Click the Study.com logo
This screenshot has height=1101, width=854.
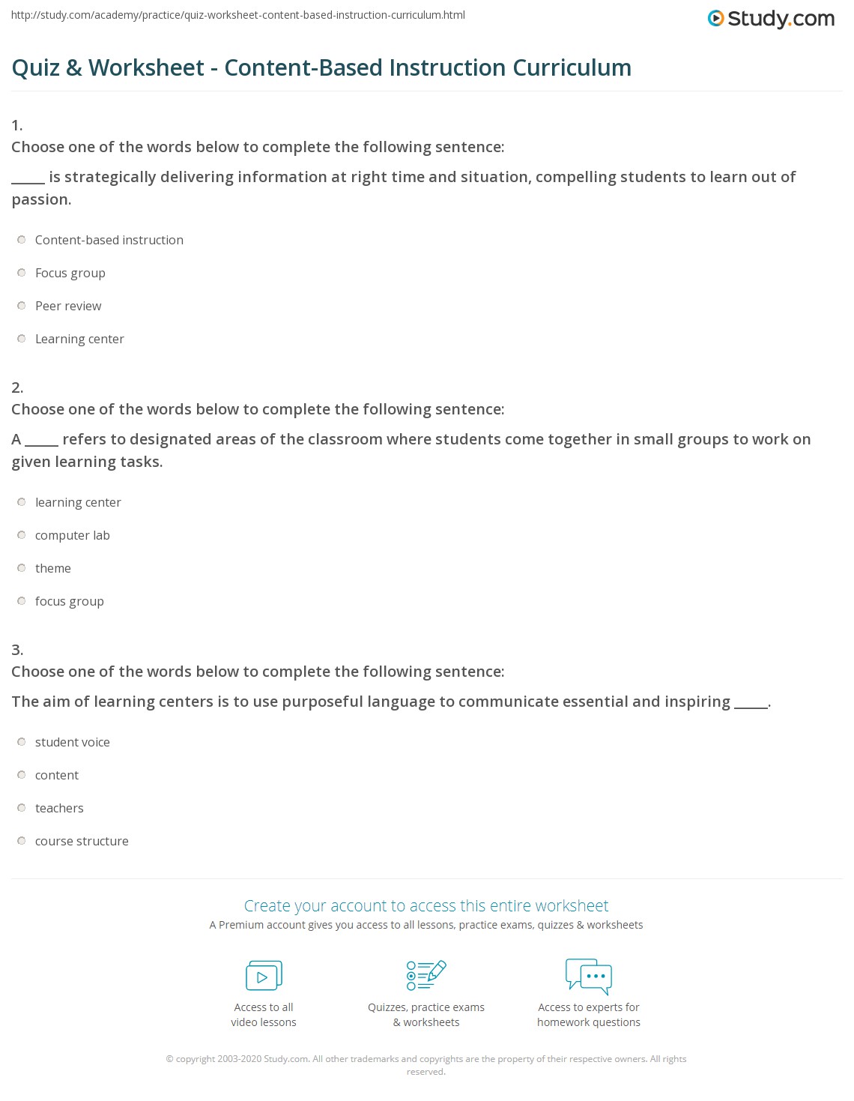pyautogui.click(x=771, y=19)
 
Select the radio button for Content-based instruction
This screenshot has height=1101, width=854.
pyautogui.click(x=22, y=240)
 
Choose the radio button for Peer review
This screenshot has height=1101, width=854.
pyautogui.click(x=22, y=306)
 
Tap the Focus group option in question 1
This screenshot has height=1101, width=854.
pyautogui.click(x=70, y=273)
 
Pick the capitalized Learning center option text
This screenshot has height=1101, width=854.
pyautogui.click(x=79, y=339)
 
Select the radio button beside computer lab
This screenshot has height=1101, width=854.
pyautogui.click(x=22, y=535)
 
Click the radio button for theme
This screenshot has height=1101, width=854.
pyautogui.click(x=22, y=568)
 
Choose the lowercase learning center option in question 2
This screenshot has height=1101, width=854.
pyautogui.click(x=78, y=502)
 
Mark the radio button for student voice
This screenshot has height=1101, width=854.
pyautogui.click(x=22, y=742)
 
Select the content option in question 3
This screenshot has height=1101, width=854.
pyautogui.click(x=57, y=775)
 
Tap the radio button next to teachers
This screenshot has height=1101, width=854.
pyautogui.click(x=22, y=808)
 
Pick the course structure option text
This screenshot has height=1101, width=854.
pyautogui.click(x=82, y=841)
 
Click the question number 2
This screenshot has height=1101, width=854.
pyautogui.click(x=17, y=387)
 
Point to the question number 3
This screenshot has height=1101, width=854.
pyautogui.click(x=17, y=650)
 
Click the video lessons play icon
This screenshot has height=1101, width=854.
pyautogui.click(x=264, y=976)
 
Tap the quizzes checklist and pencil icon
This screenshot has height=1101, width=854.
pyautogui.click(x=426, y=975)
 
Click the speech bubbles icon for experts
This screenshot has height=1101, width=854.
pyautogui.click(x=589, y=976)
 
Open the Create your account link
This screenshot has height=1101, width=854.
pyautogui.click(x=426, y=905)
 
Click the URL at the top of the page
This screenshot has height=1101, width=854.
pyautogui.click(x=238, y=15)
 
